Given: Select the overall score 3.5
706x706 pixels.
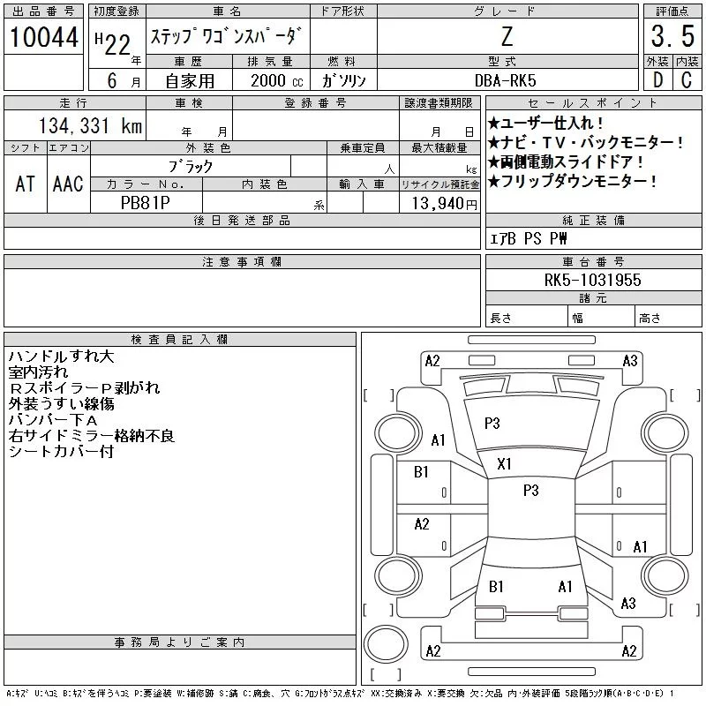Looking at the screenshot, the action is coord(670,37).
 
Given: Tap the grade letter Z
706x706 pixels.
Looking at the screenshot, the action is coord(507,37).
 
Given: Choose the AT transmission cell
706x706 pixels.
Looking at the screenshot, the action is coord(25,184).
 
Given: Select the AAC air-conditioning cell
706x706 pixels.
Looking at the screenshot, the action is coord(68,184).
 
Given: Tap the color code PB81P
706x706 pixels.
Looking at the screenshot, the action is coord(146,202).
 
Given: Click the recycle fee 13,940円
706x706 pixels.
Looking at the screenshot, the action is coord(439,203).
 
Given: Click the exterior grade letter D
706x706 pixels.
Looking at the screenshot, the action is coord(657,79).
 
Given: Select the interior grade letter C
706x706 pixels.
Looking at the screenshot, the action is coord(687,79).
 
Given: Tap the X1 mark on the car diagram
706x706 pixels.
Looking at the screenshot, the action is coord(505,463).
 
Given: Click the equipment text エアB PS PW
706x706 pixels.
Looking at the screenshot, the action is coord(529,238).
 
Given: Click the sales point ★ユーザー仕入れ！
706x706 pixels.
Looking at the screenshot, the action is coord(546,124).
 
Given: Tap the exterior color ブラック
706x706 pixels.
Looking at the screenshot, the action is coord(191,166).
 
